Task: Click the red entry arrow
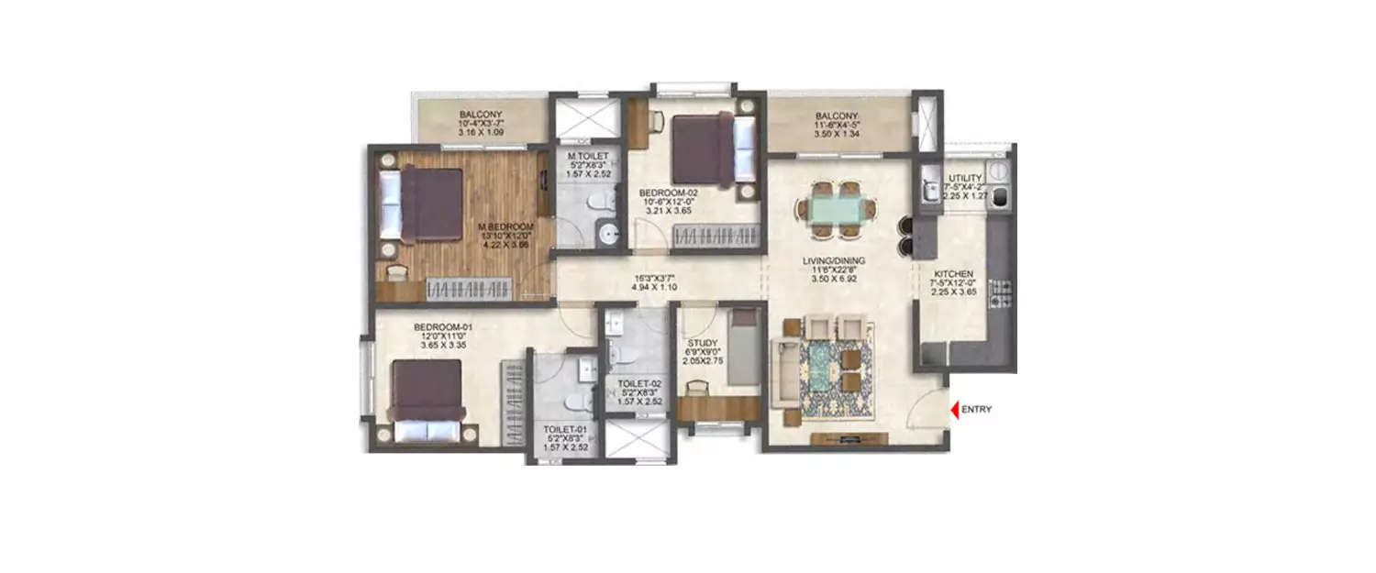pos(954,411)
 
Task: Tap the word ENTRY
pos(976,411)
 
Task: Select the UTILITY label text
pos(965,177)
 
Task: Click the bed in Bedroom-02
pos(705,149)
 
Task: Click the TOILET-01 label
pos(559,427)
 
